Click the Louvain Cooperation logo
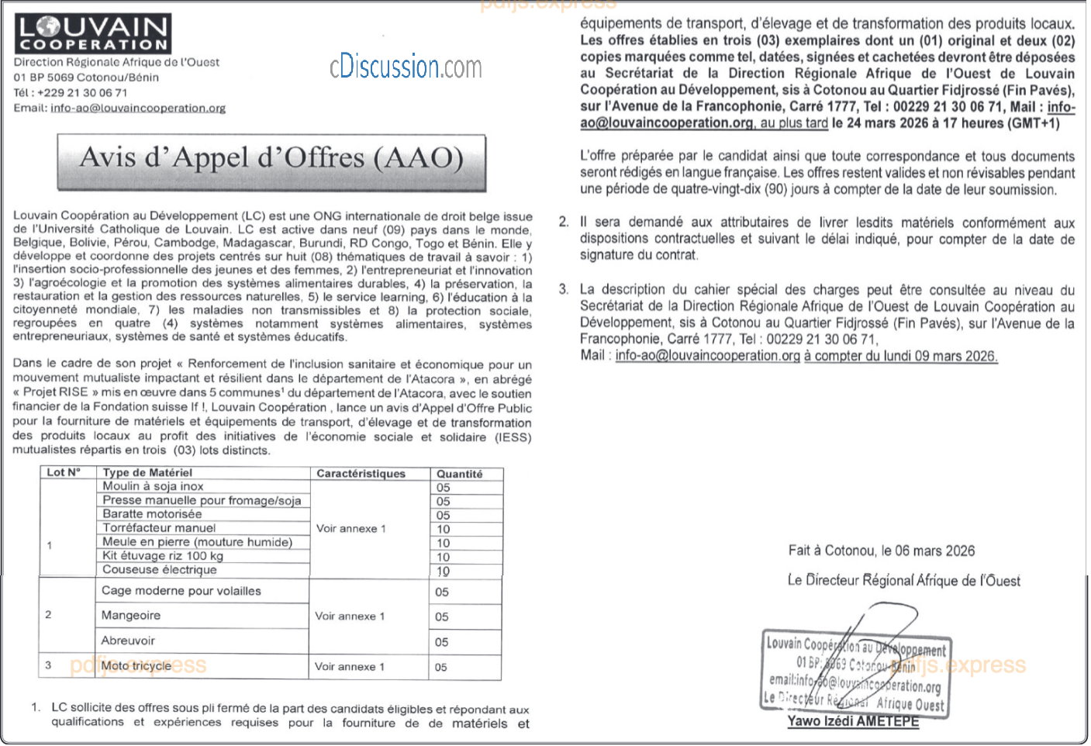click(92, 33)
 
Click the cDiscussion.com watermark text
click(406, 67)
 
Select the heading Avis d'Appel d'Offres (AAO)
click(271, 159)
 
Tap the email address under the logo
click(138, 109)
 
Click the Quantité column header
click(459, 474)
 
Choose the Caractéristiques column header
click(361, 474)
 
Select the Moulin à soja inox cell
click(154, 486)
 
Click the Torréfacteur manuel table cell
click(159, 528)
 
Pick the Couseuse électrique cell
click(160, 570)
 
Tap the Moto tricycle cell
click(136, 666)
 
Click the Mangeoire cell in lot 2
click(131, 616)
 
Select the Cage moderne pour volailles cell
click(181, 591)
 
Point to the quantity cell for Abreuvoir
click(442, 642)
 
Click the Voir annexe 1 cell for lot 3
click(350, 667)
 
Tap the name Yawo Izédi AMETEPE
click(853, 721)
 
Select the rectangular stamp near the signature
click(855, 672)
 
